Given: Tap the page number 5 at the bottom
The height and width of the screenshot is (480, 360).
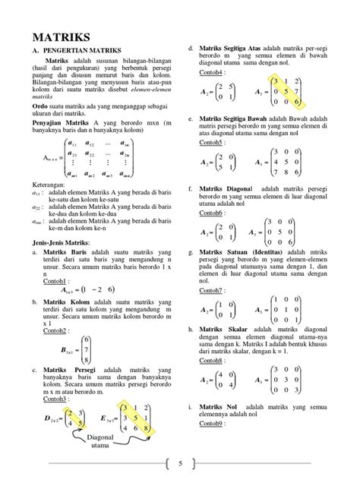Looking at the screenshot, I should [181, 463].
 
